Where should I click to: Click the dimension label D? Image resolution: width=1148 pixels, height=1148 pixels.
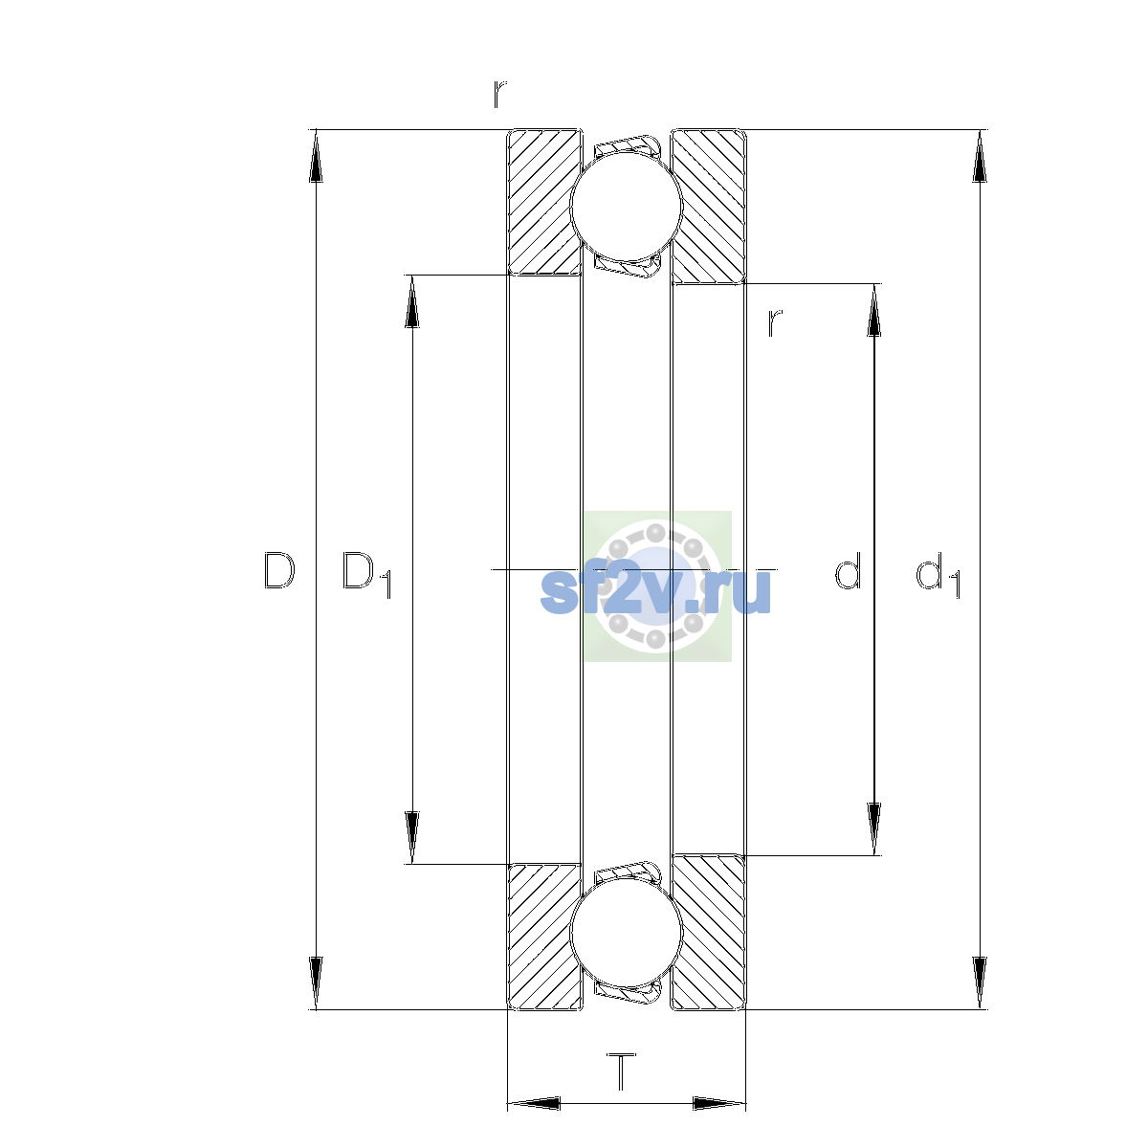tap(278, 571)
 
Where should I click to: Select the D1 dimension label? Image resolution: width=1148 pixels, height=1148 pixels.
tap(365, 574)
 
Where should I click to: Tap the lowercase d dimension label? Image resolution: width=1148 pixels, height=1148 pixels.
tap(848, 570)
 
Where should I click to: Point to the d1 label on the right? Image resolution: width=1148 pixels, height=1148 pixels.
tap(938, 574)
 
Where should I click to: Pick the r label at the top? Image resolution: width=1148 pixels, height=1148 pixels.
tap(499, 94)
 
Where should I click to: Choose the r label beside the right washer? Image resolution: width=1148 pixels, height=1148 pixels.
tap(774, 323)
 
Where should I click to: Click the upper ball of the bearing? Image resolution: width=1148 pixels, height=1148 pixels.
tap(626, 206)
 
